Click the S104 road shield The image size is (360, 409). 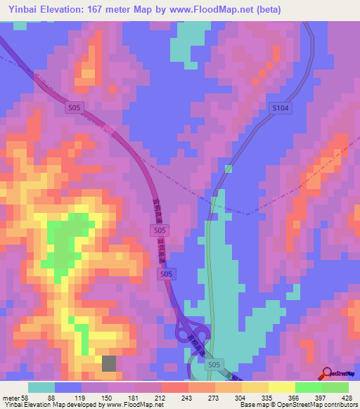pos(281,108)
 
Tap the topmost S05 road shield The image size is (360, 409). pos(75,108)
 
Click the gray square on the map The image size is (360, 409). pos(110,363)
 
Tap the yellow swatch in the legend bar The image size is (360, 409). pos(281,387)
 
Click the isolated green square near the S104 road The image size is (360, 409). pos(228,169)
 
